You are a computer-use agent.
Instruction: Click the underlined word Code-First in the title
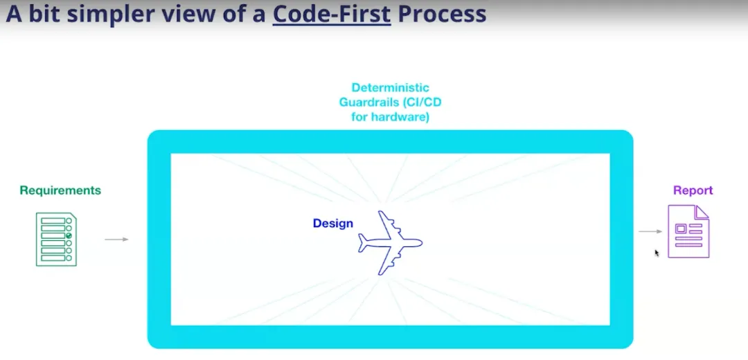point(332,15)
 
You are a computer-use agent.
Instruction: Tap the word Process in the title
point(442,15)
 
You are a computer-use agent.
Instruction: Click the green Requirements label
point(60,190)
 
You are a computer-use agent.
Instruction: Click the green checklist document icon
point(56,240)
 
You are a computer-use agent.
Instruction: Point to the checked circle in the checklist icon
point(69,235)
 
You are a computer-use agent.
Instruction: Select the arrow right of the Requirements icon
point(117,240)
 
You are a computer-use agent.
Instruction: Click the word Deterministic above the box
point(390,88)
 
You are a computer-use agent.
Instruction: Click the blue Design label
point(333,223)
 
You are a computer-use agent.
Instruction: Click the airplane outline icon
point(390,243)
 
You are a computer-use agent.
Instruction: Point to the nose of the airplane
point(422,243)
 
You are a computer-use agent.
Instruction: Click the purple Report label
point(693,190)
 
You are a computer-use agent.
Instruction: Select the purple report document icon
point(688,231)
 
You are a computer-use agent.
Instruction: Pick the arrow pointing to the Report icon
point(650,232)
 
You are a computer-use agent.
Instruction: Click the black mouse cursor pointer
point(657,253)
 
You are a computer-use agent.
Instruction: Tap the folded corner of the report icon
point(703,211)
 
